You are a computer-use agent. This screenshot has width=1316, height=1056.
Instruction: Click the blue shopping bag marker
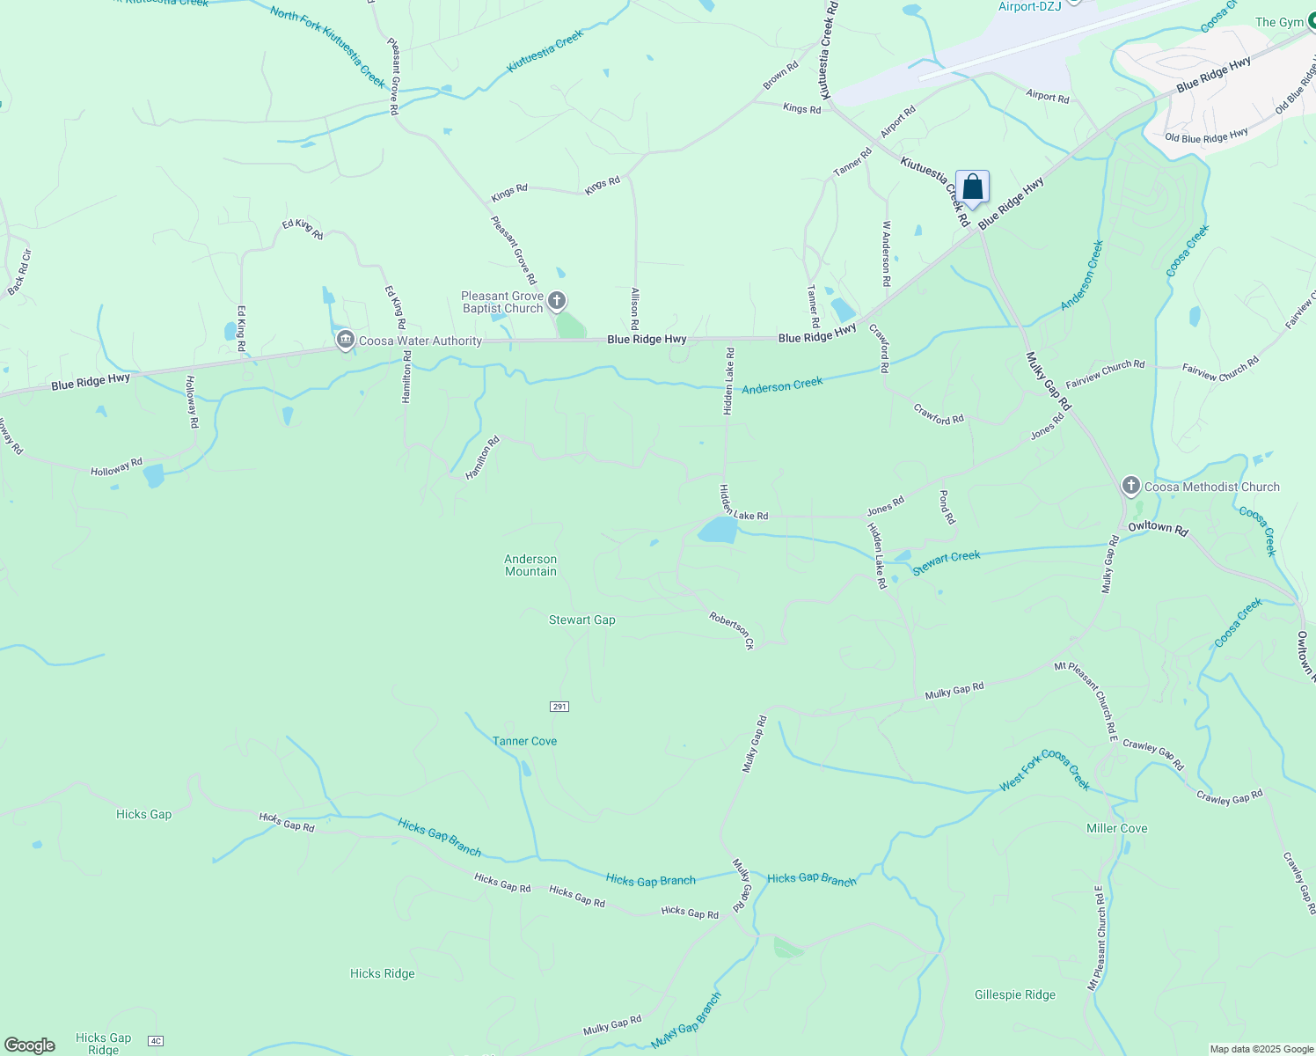[972, 187]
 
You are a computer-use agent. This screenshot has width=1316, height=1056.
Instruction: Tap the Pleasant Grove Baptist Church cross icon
[557, 302]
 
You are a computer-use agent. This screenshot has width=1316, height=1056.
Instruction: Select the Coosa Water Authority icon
[346, 341]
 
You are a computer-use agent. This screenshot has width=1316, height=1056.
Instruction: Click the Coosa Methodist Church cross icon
[1131, 486]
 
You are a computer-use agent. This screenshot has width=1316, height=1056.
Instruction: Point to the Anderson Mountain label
[530, 565]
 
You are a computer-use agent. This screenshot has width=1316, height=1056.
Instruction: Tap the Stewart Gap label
[582, 620]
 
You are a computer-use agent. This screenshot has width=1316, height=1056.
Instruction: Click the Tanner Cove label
[525, 741]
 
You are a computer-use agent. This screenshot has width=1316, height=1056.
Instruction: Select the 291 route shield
[559, 707]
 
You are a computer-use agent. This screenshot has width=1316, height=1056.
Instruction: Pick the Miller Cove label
[1116, 828]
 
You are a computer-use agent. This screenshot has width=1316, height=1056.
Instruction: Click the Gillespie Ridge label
[1015, 994]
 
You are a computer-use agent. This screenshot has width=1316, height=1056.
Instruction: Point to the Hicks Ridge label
[382, 973]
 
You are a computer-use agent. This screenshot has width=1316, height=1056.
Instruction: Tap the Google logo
[30, 1045]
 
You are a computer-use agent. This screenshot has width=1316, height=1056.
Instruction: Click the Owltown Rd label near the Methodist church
[1158, 529]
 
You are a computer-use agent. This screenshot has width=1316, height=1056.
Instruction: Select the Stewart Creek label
[947, 562]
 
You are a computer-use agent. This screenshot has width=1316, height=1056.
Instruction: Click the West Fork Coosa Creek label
[1045, 770]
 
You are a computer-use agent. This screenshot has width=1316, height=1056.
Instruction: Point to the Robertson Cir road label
[732, 631]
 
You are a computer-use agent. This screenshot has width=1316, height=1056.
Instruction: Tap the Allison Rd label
[634, 308]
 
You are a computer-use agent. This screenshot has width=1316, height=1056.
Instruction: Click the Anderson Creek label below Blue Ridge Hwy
[782, 385]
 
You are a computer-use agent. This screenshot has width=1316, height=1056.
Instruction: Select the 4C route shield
[157, 1041]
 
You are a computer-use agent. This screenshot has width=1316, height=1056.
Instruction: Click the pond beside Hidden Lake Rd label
[718, 530]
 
